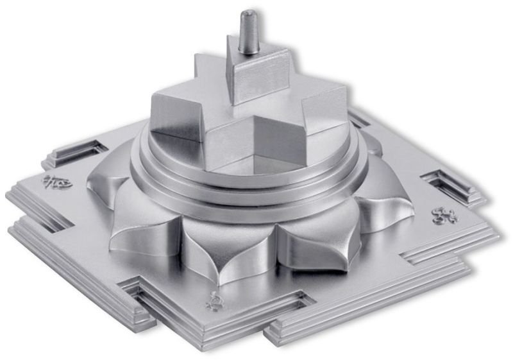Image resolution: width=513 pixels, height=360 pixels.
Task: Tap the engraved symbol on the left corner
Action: [x=57, y=183]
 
